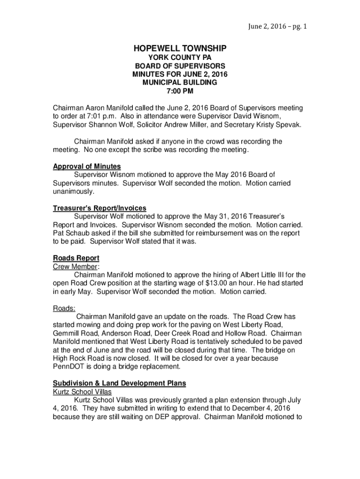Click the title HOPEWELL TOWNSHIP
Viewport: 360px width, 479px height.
click(x=180, y=48)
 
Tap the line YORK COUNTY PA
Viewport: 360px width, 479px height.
click(x=180, y=57)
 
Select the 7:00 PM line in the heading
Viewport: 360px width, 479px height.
click(x=180, y=91)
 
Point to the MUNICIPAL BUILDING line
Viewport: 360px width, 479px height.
click(x=180, y=82)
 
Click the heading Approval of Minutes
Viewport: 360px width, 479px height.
click(x=87, y=167)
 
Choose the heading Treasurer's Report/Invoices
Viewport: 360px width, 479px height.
click(x=100, y=208)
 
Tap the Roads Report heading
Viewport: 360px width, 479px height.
click(x=76, y=258)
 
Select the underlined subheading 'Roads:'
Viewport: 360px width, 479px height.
click(x=64, y=308)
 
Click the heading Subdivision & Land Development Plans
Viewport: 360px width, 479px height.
click(x=119, y=384)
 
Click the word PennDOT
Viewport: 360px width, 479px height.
click(x=70, y=367)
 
